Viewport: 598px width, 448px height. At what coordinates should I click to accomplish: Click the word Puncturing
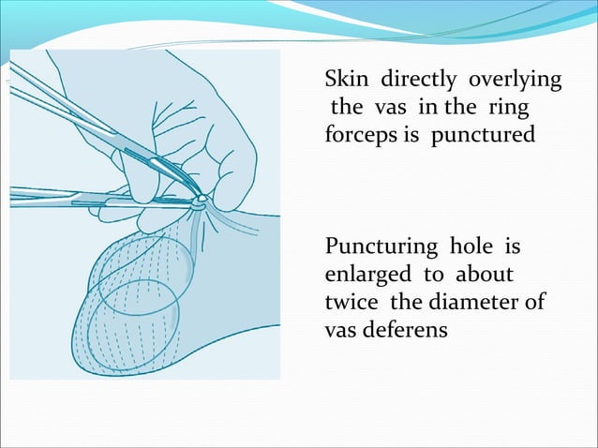click(x=381, y=248)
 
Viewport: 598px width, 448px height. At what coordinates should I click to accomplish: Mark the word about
click(x=483, y=276)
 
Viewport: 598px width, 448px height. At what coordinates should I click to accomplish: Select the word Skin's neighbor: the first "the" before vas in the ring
click(x=346, y=108)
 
